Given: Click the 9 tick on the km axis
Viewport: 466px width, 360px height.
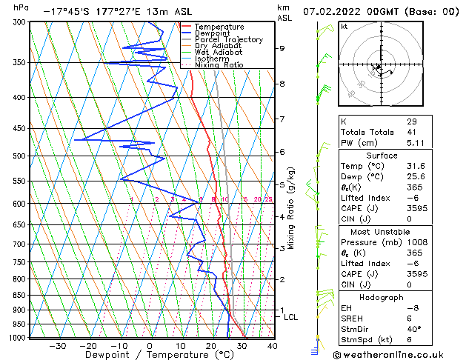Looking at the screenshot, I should [282, 48].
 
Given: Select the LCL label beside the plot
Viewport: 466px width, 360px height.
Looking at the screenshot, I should [291, 317].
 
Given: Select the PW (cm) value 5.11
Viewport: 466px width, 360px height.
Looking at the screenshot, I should [414, 143].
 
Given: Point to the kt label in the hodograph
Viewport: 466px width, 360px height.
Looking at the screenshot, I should [344, 26].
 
